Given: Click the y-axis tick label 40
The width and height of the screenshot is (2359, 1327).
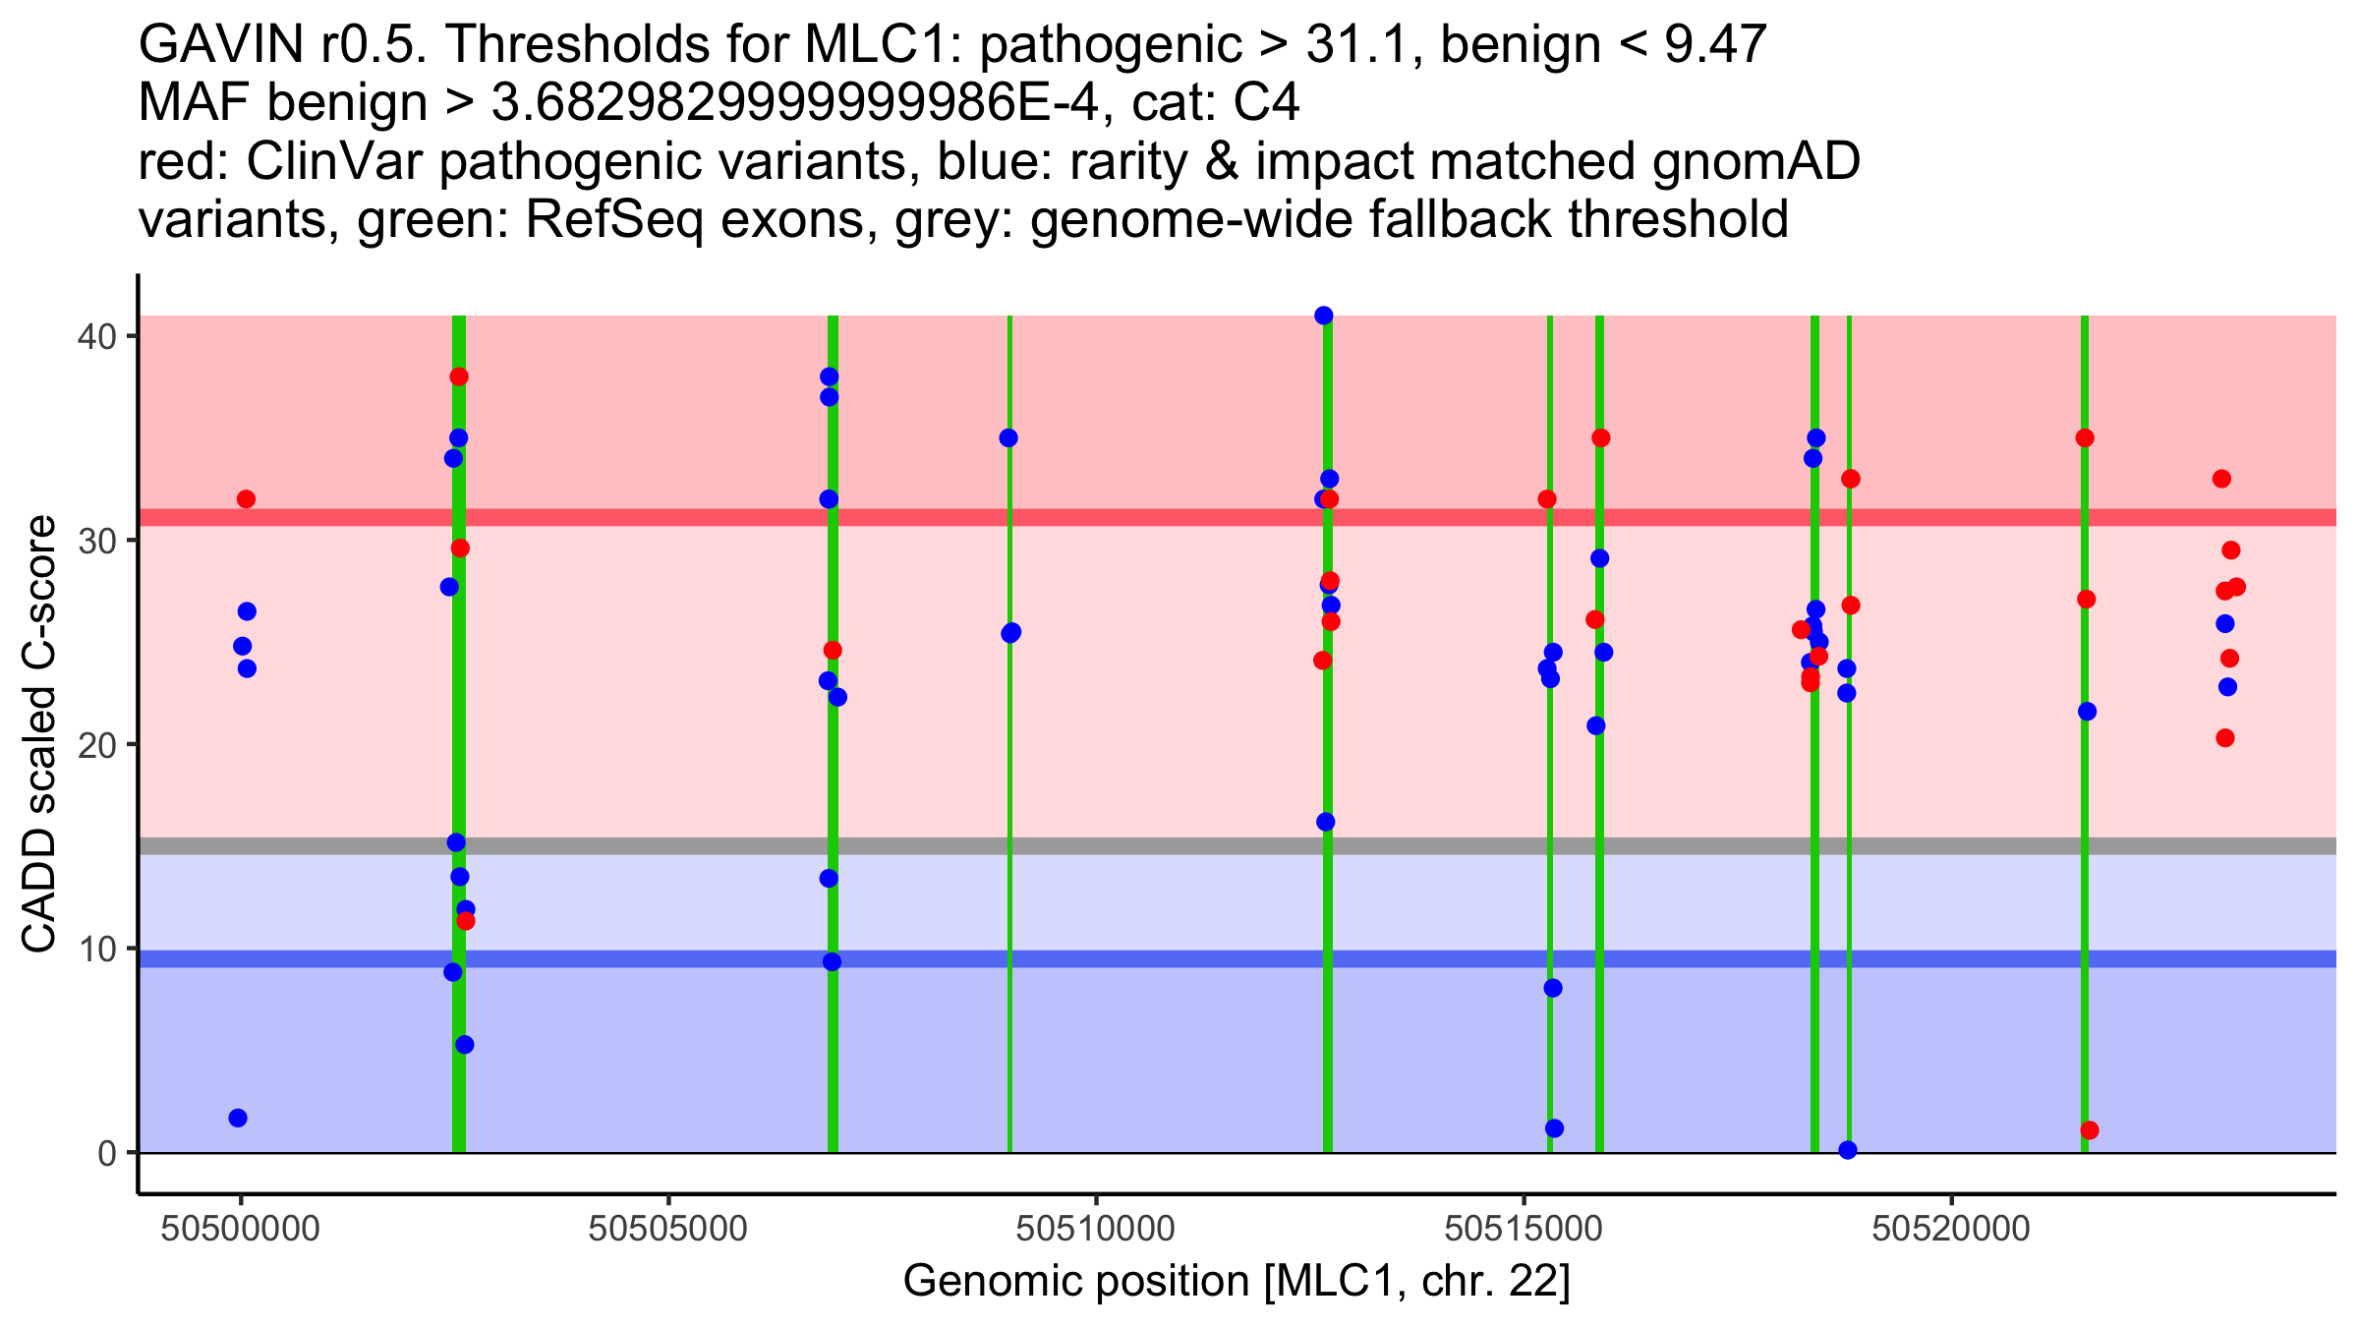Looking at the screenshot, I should (95, 336).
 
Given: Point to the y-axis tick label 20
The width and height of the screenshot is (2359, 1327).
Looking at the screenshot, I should (95, 744).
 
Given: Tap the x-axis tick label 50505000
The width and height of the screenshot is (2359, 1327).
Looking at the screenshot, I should (668, 1228).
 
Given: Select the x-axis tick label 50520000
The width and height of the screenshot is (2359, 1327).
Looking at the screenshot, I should (1951, 1228).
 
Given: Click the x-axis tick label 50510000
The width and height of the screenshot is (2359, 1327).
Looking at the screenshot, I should (1096, 1228).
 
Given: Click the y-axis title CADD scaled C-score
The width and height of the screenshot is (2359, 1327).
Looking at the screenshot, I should (39, 734).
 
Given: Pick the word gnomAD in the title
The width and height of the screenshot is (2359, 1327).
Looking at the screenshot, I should (1755, 161).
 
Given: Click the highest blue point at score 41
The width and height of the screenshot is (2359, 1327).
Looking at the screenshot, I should (1324, 316).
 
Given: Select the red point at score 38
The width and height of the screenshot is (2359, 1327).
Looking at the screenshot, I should (459, 376).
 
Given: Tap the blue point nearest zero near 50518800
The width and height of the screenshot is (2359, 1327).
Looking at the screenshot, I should (1848, 1150).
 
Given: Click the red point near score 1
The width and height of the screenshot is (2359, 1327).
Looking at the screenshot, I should (2090, 1130).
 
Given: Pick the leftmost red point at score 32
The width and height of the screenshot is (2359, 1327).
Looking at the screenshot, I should (246, 499).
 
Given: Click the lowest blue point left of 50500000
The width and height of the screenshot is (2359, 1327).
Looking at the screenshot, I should (238, 1118).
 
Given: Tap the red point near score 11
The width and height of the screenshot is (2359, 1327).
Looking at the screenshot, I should (466, 921).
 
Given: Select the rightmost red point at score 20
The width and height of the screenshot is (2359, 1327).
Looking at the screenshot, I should (2225, 738).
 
